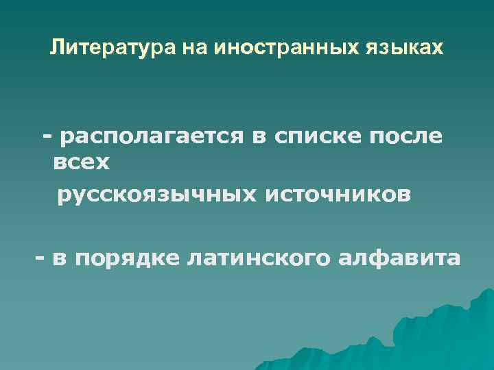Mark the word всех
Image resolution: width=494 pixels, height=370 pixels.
[80, 164]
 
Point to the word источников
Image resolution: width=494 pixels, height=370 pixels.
[339, 196]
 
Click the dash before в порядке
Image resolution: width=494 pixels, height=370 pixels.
[40, 258]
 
